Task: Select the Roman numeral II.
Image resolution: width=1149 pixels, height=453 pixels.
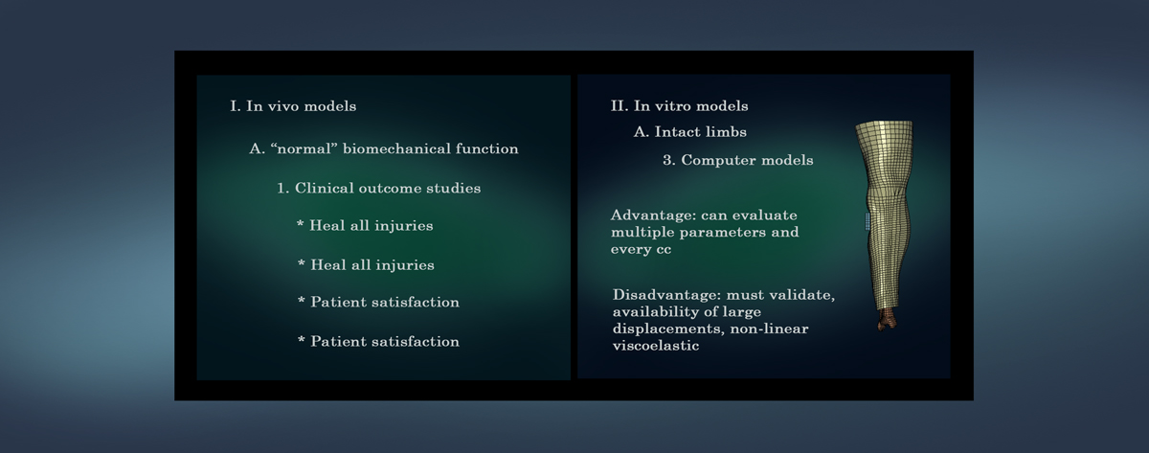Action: [x=620, y=105]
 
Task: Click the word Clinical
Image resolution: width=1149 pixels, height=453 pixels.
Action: [x=325, y=189]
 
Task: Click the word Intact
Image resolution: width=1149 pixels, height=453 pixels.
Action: [x=672, y=132]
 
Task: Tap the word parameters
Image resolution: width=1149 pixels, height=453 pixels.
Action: [x=722, y=233]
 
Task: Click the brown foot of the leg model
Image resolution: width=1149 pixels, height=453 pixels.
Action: [x=888, y=319]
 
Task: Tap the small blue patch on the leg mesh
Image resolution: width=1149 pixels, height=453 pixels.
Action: [x=867, y=221]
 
